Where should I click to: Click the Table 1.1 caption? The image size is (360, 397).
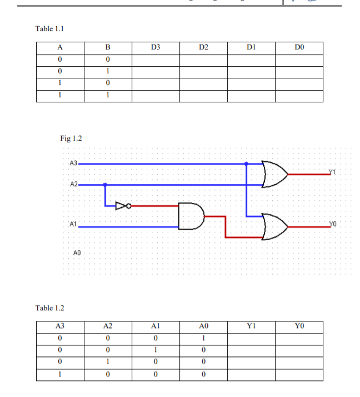(x=52, y=28)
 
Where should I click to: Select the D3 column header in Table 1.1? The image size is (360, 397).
(x=156, y=48)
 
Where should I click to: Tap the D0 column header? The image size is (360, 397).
(x=299, y=48)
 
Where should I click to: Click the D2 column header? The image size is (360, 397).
(x=203, y=48)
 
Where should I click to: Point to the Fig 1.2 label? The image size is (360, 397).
(x=71, y=138)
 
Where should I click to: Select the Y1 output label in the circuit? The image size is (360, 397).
(x=332, y=171)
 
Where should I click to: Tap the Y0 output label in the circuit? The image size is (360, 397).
(x=333, y=224)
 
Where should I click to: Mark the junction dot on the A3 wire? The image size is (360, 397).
(x=246, y=164)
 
